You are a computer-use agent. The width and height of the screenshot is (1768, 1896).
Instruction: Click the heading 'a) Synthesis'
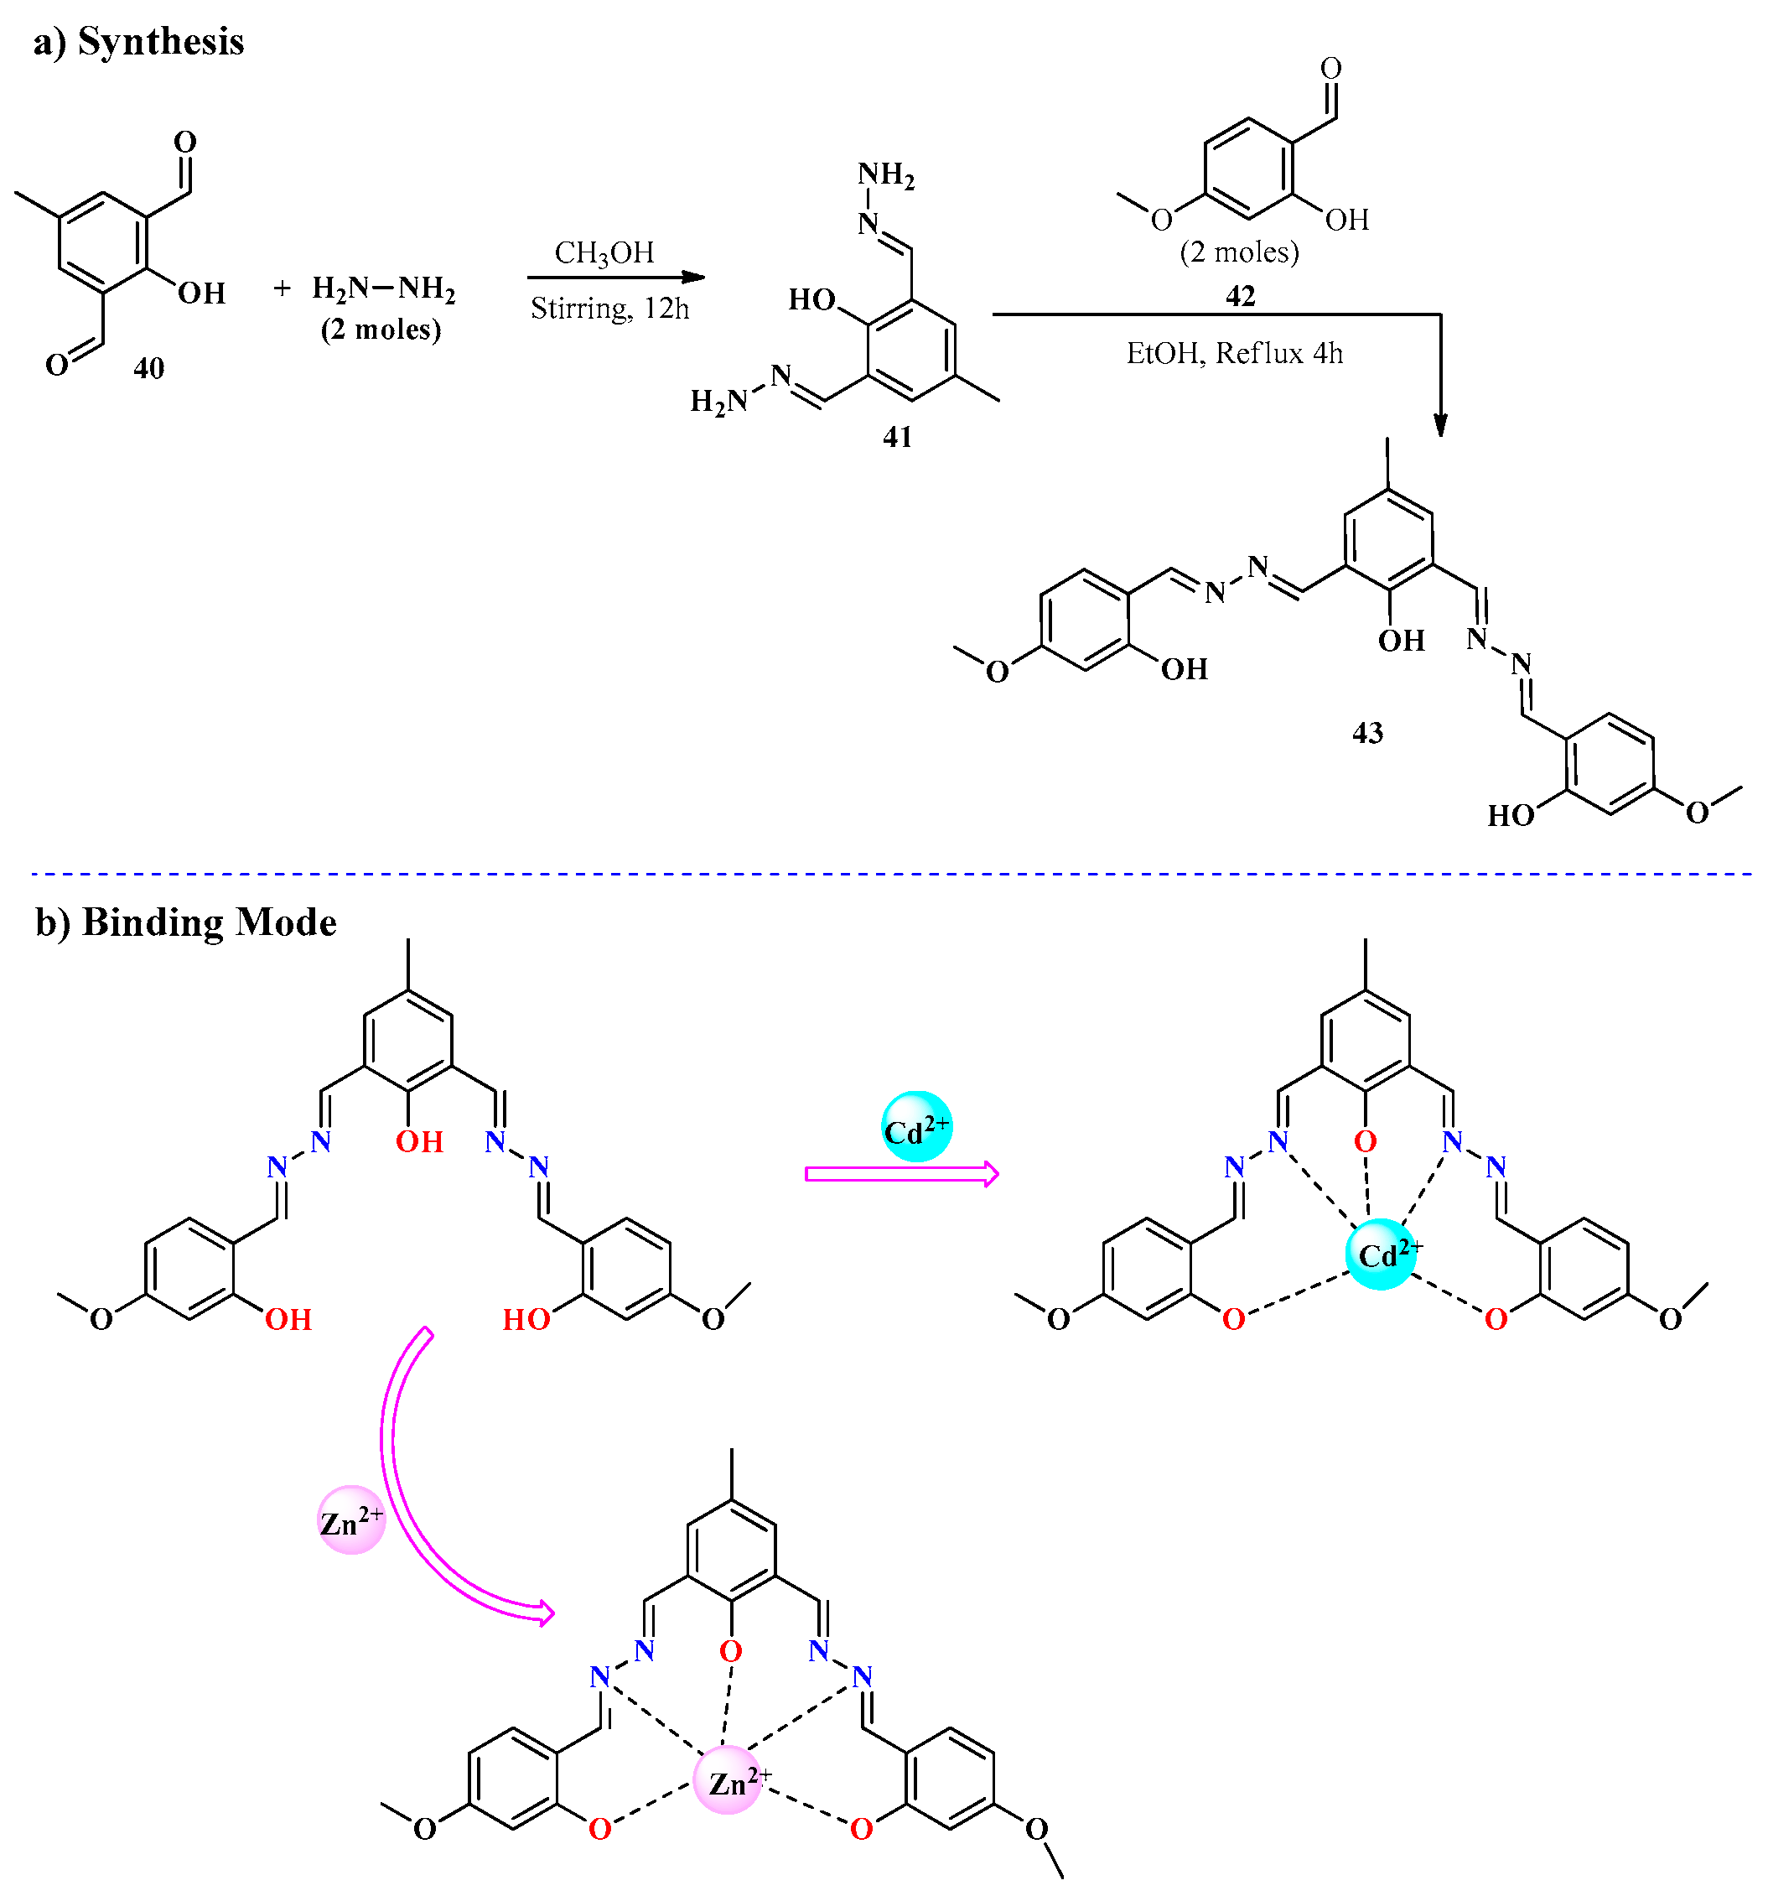click(138, 42)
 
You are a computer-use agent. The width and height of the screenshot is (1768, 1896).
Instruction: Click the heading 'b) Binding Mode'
click(186, 922)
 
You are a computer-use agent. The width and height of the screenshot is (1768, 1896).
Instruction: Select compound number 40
click(148, 367)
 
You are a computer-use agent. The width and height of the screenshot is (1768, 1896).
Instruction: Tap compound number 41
click(896, 437)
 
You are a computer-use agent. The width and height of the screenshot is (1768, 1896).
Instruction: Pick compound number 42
click(1240, 296)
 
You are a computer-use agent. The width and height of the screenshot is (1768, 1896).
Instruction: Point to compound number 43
click(1367, 732)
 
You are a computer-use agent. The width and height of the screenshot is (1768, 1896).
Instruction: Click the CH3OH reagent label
click(604, 252)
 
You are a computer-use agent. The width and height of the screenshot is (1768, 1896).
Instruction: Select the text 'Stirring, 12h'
click(609, 308)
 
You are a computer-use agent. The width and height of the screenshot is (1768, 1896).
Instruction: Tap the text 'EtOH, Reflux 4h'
click(1234, 354)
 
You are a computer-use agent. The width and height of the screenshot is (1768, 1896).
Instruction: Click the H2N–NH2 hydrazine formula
click(383, 288)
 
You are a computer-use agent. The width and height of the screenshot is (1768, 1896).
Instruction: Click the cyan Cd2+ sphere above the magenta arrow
click(915, 1126)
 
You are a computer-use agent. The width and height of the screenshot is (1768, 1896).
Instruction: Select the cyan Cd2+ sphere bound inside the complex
click(1381, 1254)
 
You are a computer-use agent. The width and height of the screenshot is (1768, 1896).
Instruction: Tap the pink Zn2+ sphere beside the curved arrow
click(351, 1519)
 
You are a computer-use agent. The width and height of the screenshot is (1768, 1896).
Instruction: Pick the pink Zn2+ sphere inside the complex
click(728, 1780)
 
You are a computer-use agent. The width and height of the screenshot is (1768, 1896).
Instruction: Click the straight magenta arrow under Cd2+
click(901, 1174)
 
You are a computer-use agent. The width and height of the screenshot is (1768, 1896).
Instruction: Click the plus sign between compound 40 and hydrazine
click(282, 288)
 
